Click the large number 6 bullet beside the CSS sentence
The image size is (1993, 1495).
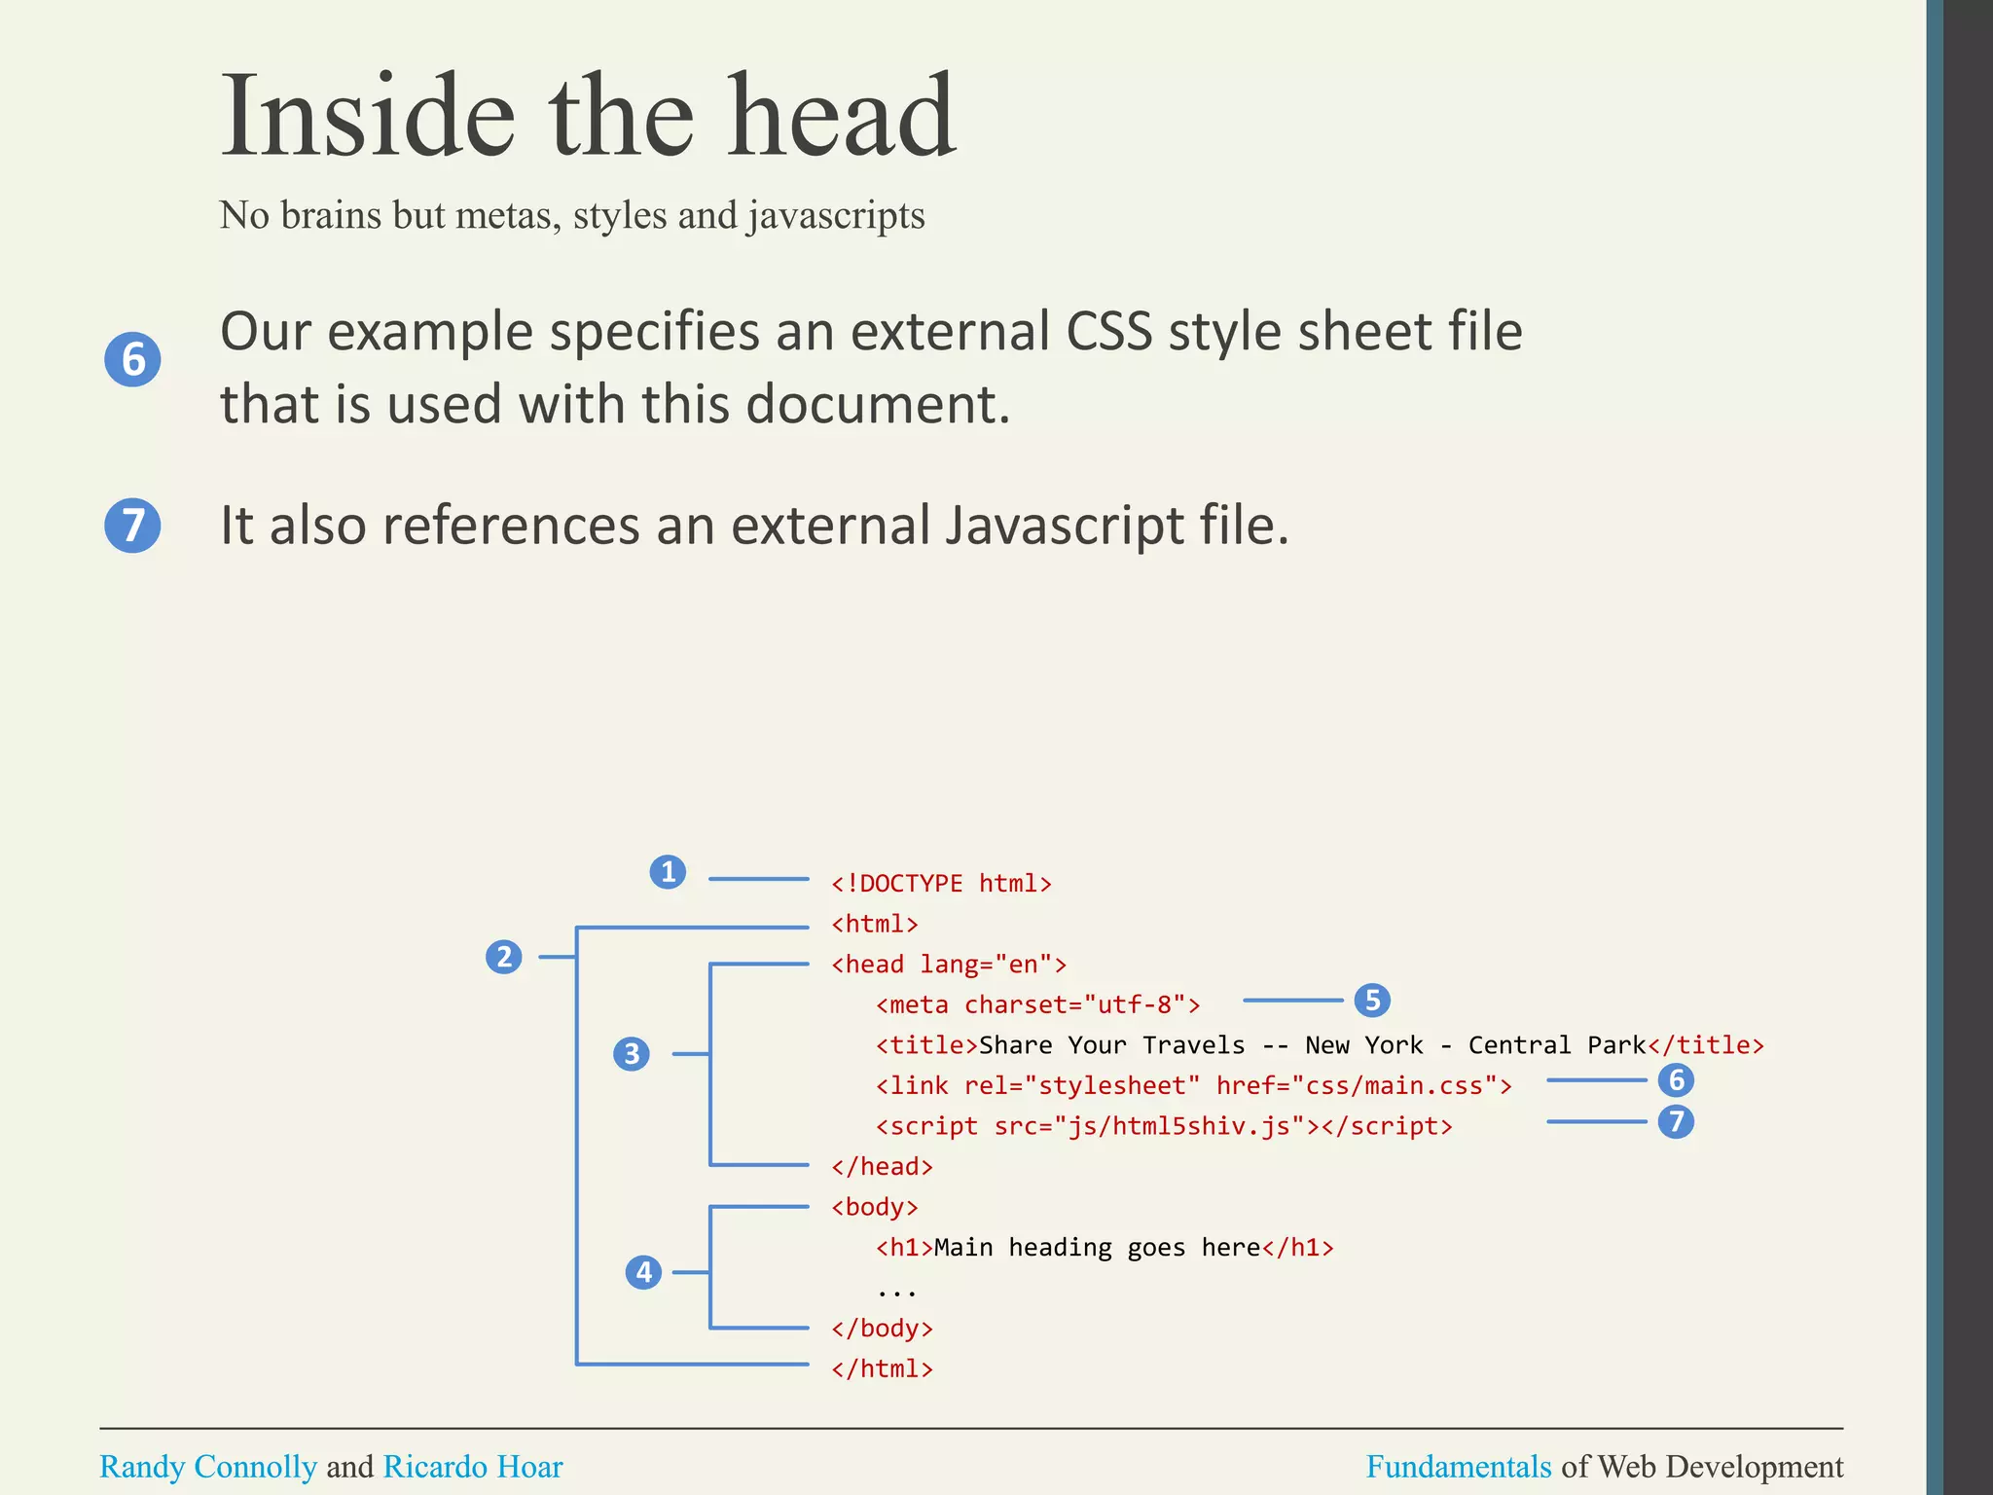point(132,359)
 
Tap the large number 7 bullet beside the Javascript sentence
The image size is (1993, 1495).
point(132,526)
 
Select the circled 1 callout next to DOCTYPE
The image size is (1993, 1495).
point(668,871)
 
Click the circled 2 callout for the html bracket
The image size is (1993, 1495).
point(504,957)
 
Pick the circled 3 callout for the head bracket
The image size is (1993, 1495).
point(632,1053)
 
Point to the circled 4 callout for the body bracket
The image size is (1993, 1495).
point(643,1272)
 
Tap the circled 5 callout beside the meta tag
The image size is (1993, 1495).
point(1372,1000)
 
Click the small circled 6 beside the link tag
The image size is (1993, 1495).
point(1676,1079)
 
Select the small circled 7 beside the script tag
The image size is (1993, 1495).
point(1676,1121)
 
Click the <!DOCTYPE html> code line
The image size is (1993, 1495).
point(941,883)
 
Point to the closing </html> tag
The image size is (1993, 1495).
point(882,1368)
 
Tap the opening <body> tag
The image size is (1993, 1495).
point(874,1207)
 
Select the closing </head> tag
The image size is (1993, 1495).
point(882,1166)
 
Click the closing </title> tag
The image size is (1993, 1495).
point(1705,1045)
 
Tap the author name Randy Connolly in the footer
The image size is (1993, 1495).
point(208,1466)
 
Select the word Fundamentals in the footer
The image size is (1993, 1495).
point(1458,1466)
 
